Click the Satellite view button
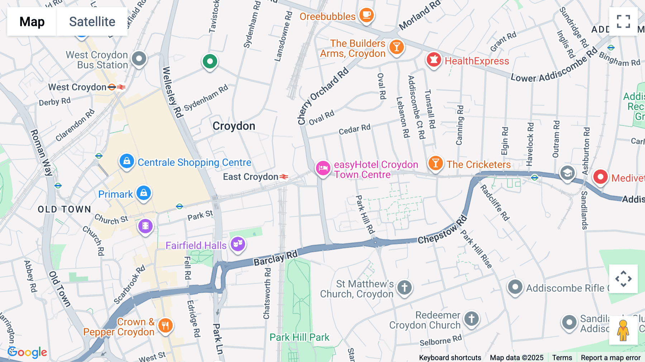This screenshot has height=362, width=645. pyautogui.click(x=92, y=22)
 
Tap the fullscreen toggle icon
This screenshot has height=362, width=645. pyautogui.click(x=623, y=22)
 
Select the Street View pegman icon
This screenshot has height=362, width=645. pyautogui.click(x=623, y=330)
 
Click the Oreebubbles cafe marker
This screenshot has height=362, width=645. pyautogui.click(x=366, y=15)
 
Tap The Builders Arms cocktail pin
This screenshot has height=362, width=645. pyautogui.click(x=396, y=47)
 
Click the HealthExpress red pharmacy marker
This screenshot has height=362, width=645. pyautogui.click(x=434, y=60)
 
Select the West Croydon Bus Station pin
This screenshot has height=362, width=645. pyautogui.click(x=139, y=58)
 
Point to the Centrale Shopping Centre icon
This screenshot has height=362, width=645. pyautogui.click(x=127, y=161)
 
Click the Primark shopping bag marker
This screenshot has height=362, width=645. pyautogui.click(x=144, y=193)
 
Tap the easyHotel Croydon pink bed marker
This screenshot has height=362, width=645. pyautogui.click(x=323, y=168)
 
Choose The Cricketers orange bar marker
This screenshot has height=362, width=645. pyautogui.click(x=435, y=163)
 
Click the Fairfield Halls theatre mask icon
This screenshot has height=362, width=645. pyautogui.click(x=238, y=244)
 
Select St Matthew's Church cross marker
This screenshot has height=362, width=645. pyautogui.click(x=405, y=287)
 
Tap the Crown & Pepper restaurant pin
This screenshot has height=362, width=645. pyautogui.click(x=165, y=325)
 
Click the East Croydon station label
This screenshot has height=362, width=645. pyautogui.click(x=251, y=177)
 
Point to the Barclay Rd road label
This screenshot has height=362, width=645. pyautogui.click(x=276, y=258)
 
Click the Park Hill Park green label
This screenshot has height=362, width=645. pyautogui.click(x=299, y=337)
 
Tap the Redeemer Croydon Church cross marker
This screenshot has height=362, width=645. pyautogui.click(x=472, y=318)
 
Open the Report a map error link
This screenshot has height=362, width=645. pyautogui.click(x=611, y=358)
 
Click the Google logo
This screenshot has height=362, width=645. pyautogui.click(x=27, y=352)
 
